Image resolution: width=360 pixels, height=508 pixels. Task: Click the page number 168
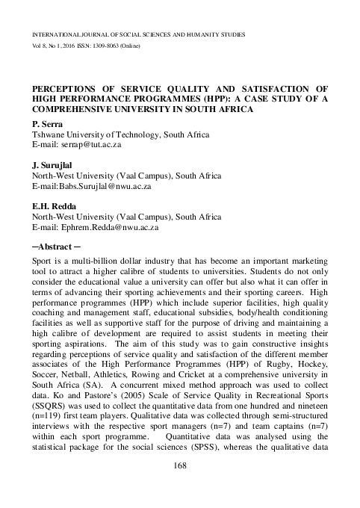point(179,466)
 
